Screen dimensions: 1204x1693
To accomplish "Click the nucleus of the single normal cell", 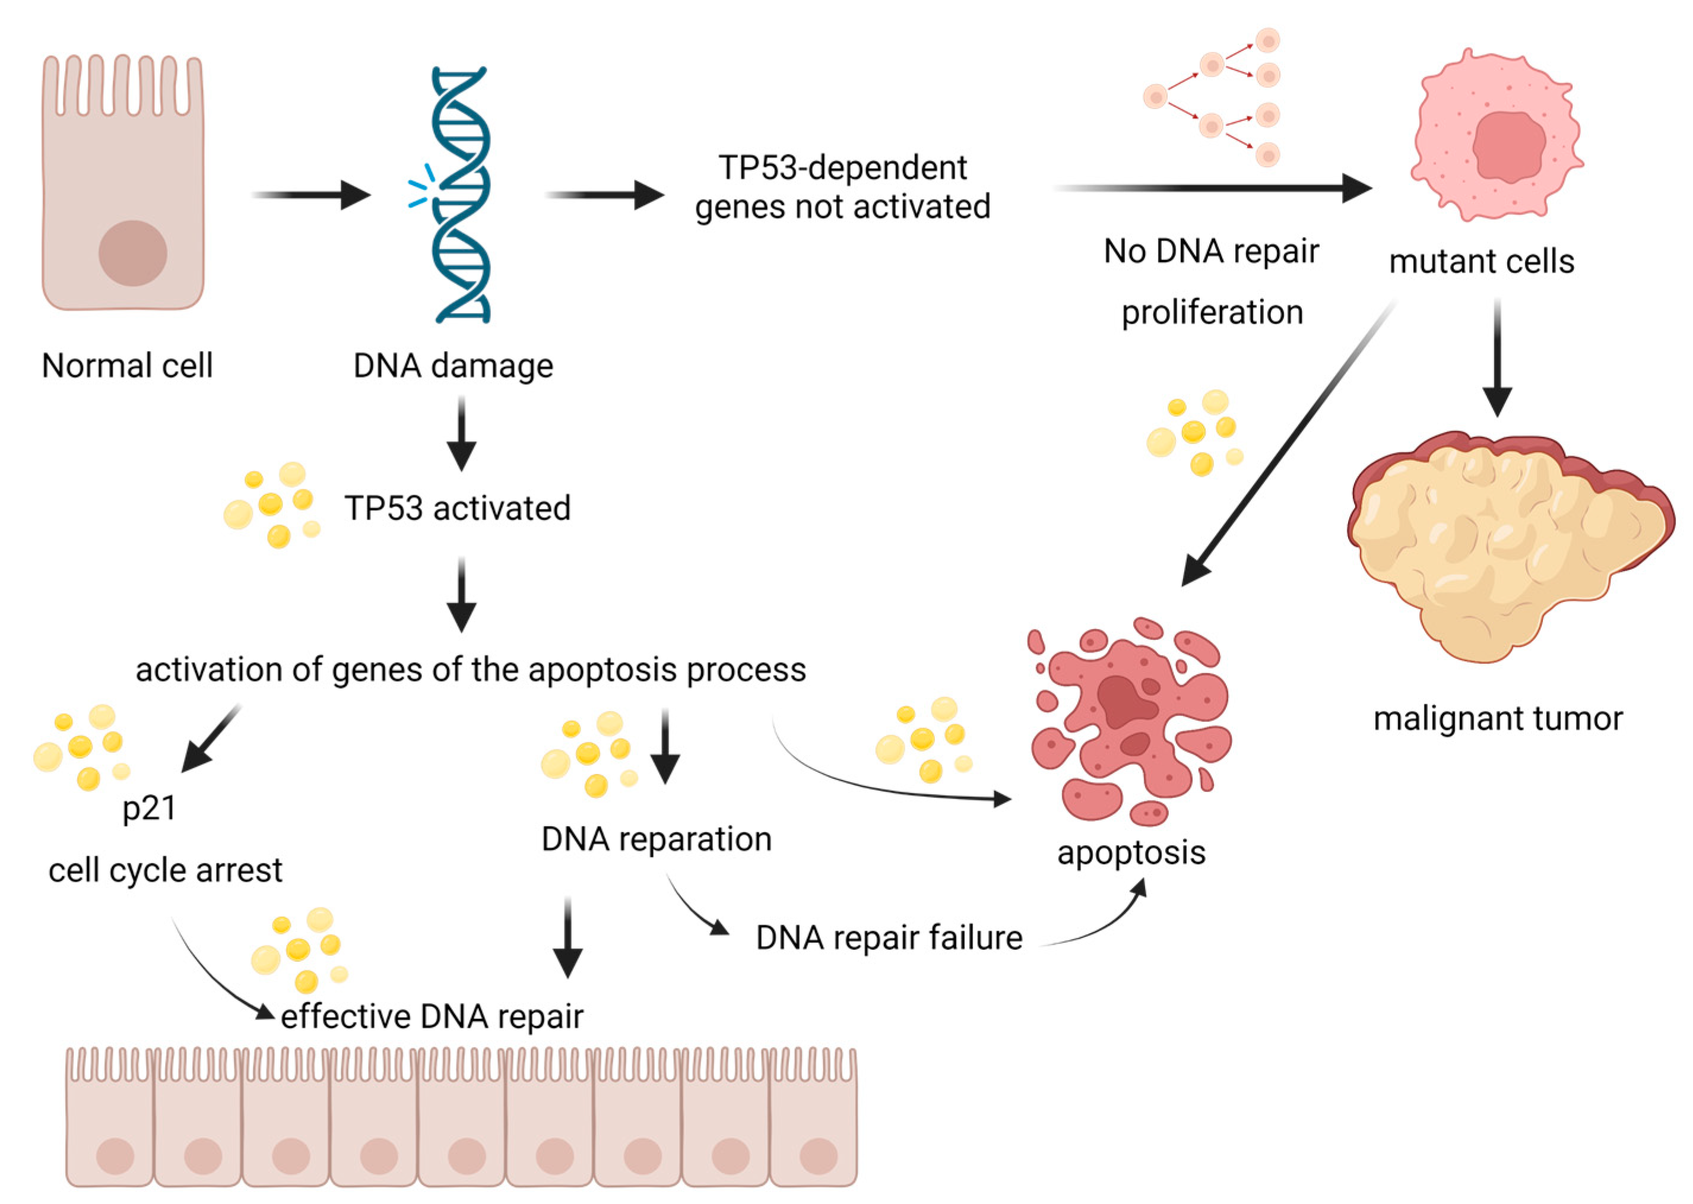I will tap(133, 253).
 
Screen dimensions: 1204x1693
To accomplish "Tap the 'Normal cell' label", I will tap(127, 366).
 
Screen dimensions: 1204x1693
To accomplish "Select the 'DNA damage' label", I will tap(453, 366).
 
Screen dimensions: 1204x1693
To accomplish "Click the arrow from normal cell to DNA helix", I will tap(311, 195).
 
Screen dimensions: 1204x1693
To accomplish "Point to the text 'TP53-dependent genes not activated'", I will tap(842, 187).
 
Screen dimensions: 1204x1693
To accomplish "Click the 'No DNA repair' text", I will tap(1210, 251).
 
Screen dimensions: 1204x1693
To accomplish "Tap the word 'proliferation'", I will tap(1211, 312).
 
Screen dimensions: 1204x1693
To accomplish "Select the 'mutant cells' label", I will tap(1481, 262).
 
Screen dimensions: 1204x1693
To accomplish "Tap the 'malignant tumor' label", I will tap(1497, 719).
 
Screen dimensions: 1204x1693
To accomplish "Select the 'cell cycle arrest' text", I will tap(165, 870).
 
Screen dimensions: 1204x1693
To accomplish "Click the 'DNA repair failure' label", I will tap(889, 938).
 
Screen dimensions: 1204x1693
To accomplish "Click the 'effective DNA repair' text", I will tap(432, 1016).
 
